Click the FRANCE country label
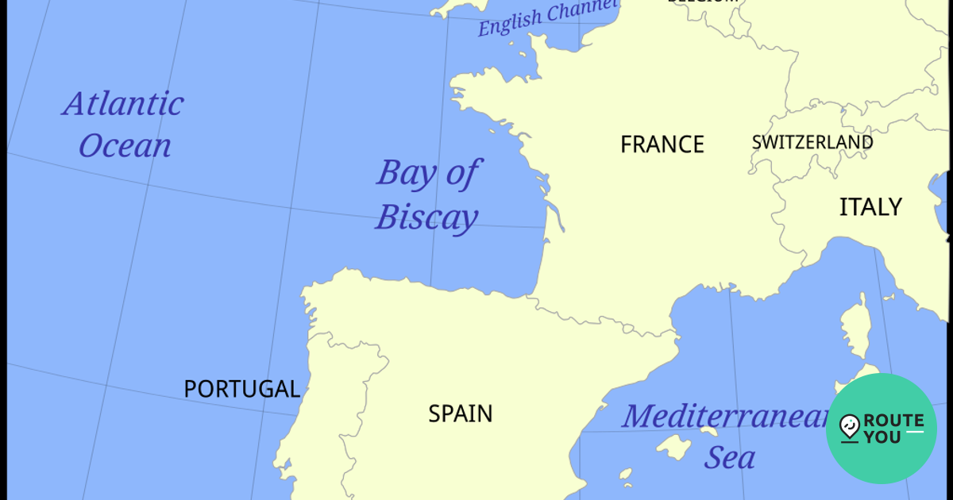(x=662, y=144)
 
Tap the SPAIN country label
(x=461, y=413)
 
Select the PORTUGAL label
(x=241, y=389)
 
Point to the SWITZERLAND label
(x=812, y=143)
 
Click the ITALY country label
(x=870, y=207)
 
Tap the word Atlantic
(x=124, y=104)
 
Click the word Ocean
(x=125, y=147)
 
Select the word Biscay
(x=426, y=217)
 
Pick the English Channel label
(x=547, y=17)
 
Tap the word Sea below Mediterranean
(x=730, y=458)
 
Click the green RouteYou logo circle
(x=881, y=429)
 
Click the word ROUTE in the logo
(x=893, y=421)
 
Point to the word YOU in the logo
(x=882, y=437)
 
